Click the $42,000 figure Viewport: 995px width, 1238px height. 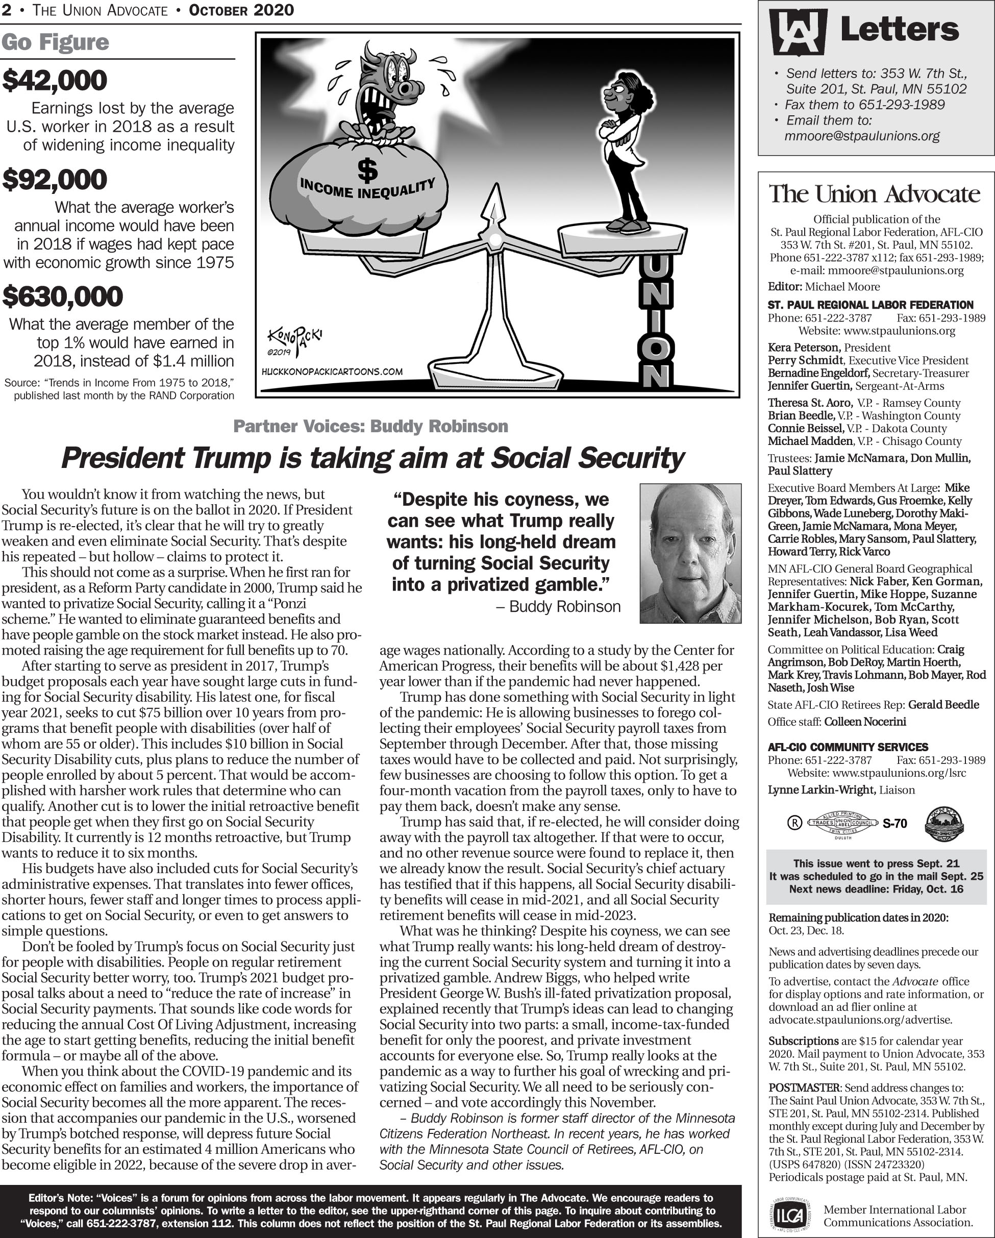55,81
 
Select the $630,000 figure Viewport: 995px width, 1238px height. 63,296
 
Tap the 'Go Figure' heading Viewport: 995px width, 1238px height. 55,42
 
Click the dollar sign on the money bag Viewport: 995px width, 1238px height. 367,170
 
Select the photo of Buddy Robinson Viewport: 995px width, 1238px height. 690,553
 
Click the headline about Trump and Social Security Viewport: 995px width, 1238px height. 372,458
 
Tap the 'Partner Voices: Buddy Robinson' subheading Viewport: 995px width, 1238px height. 370,427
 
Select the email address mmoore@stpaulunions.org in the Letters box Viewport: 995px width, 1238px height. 862,136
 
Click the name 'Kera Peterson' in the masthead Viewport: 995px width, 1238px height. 804,348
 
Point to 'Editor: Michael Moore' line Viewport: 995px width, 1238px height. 824,286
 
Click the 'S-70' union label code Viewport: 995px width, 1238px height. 894,824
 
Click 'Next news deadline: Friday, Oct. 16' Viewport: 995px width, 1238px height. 876,889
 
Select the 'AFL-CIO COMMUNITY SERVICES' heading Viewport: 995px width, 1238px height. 848,747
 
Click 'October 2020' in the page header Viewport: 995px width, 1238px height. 241,10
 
